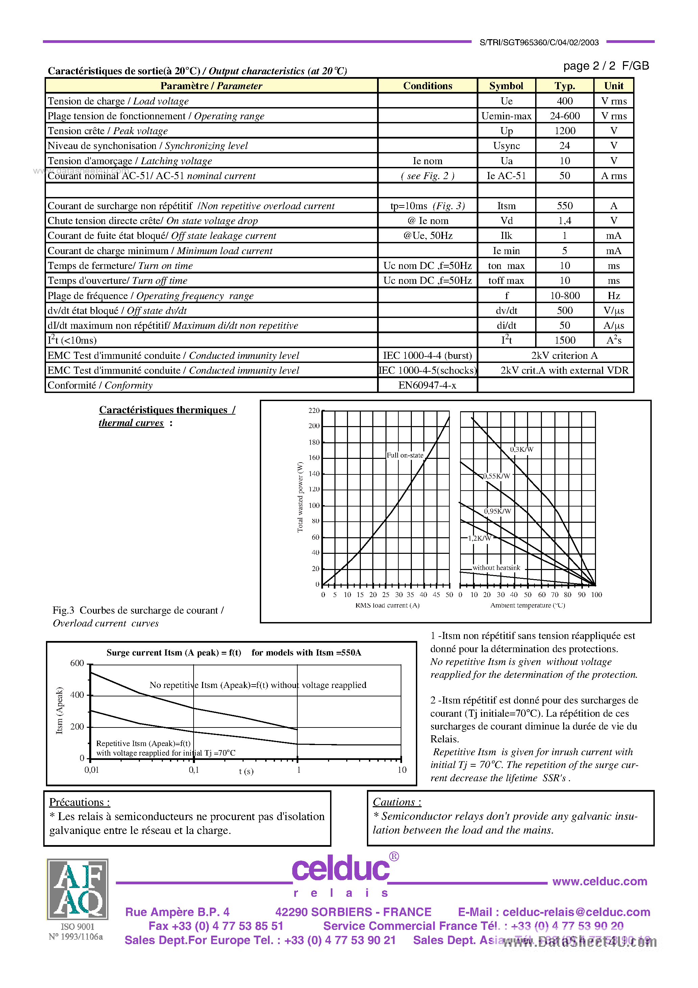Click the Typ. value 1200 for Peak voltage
coord(564,131)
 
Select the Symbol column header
coord(506,85)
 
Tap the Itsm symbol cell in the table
coord(506,206)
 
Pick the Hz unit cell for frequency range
coord(613,296)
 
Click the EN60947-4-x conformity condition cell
coord(427,385)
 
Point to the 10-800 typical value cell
coord(564,296)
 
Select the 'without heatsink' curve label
coord(496,568)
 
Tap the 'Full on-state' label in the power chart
coord(404,455)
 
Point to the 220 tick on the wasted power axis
coord(314,411)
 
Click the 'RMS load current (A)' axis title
coord(387,605)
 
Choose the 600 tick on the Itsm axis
coord(77,663)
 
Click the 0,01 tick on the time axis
coord(91,770)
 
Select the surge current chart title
coord(234,652)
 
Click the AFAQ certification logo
coord(77,889)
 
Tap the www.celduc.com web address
coord(599,881)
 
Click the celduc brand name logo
coord(341,868)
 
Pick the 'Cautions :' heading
coord(397,802)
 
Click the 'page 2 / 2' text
coord(589,66)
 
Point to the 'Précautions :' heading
coord(80,802)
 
